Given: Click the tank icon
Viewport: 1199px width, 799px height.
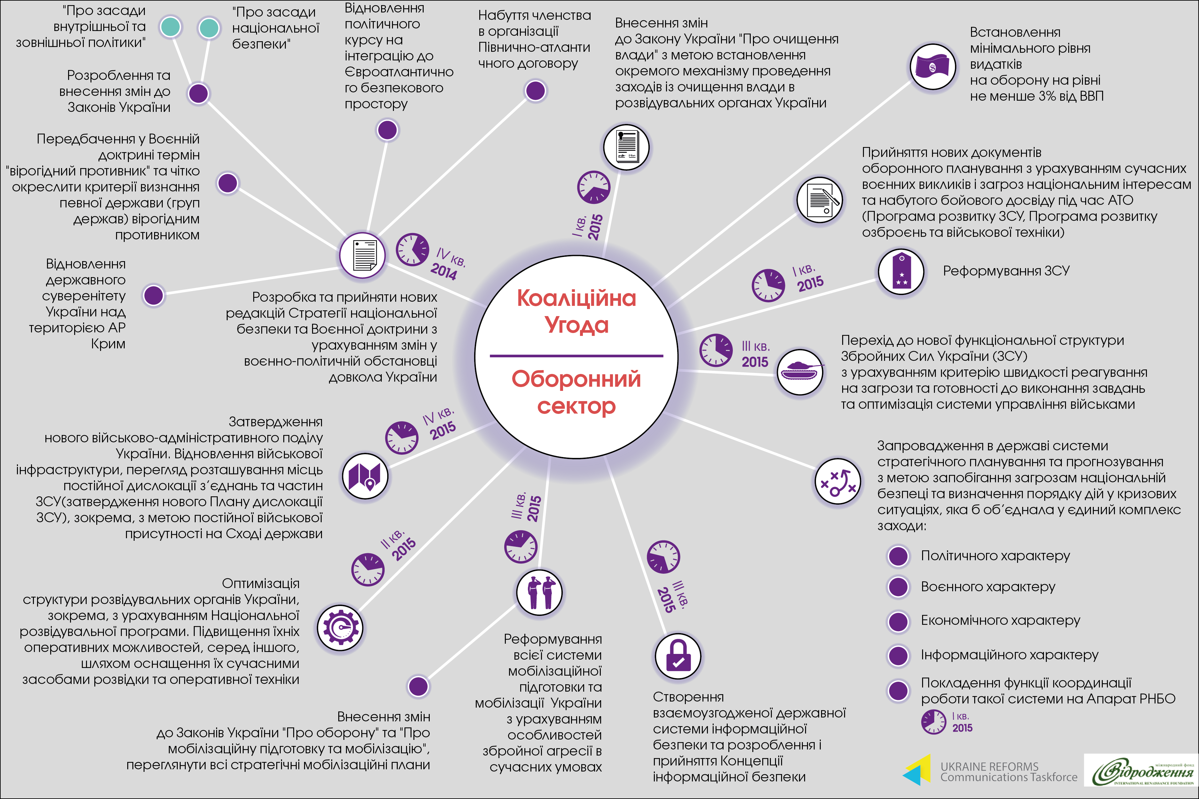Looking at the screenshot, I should (x=800, y=371).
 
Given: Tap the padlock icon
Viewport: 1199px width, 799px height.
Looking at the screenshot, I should (x=678, y=656).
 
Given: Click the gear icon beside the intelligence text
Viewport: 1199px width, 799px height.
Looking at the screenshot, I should (x=340, y=627).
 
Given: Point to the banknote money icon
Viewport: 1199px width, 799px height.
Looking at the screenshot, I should (x=933, y=67).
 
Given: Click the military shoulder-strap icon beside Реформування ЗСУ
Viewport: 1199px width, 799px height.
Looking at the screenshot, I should (x=901, y=271).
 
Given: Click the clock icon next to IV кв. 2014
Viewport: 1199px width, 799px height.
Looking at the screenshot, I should (x=412, y=250).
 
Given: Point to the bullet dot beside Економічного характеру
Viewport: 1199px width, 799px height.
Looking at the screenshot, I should (x=898, y=621).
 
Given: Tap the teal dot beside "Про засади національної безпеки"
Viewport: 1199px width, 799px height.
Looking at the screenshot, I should (x=208, y=28).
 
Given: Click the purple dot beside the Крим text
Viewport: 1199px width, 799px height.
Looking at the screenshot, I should (x=153, y=295).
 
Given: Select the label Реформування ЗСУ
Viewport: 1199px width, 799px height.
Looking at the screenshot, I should (x=1006, y=271).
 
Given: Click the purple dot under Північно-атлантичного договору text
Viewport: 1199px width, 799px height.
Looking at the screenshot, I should (x=535, y=91).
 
